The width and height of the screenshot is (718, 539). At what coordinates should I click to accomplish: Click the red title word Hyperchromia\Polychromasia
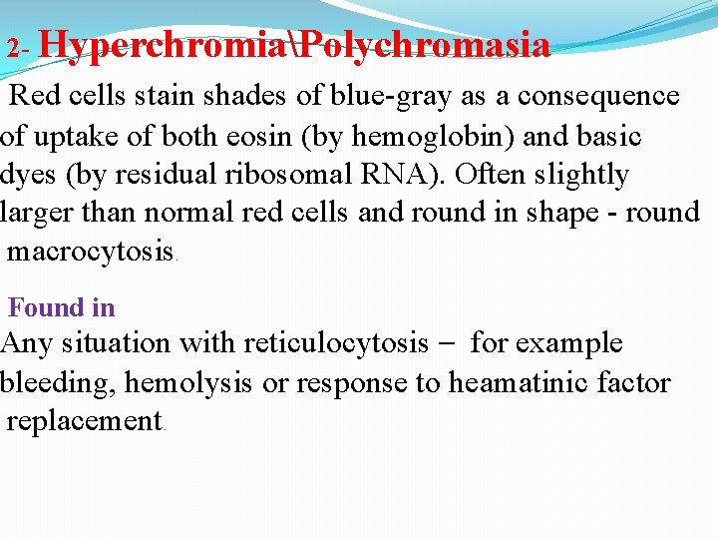295,46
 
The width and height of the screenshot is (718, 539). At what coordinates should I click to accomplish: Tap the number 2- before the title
20,48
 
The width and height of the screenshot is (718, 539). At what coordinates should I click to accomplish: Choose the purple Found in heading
61,308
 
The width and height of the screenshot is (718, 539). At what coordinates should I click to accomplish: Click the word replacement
84,421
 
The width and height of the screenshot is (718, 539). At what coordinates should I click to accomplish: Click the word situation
116,344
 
